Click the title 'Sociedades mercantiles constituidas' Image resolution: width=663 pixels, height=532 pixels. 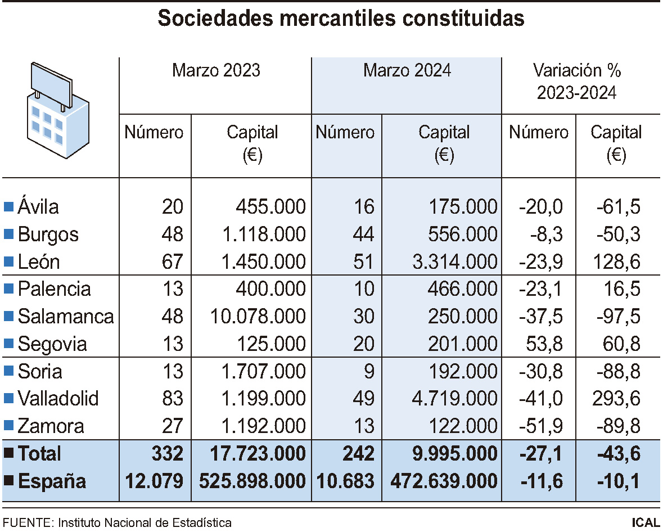pos(341,18)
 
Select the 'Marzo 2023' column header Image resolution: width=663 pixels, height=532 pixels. pos(216,70)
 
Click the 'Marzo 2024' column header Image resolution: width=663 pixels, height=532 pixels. pos(407,70)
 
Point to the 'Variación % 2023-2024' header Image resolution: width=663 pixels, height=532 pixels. pos(576,82)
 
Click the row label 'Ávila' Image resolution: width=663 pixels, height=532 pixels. pos(38,207)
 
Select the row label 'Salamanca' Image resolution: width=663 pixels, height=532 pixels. pos(65,316)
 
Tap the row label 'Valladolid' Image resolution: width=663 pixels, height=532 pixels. pos(58,399)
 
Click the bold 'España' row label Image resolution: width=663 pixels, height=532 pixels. pos(52,481)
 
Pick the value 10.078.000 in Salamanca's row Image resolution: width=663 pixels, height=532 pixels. pos(258,316)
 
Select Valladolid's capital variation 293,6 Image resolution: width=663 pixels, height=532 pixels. pos(616,399)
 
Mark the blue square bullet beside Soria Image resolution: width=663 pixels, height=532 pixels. pos(8,371)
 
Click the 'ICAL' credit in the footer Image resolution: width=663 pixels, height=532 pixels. pos(646,522)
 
